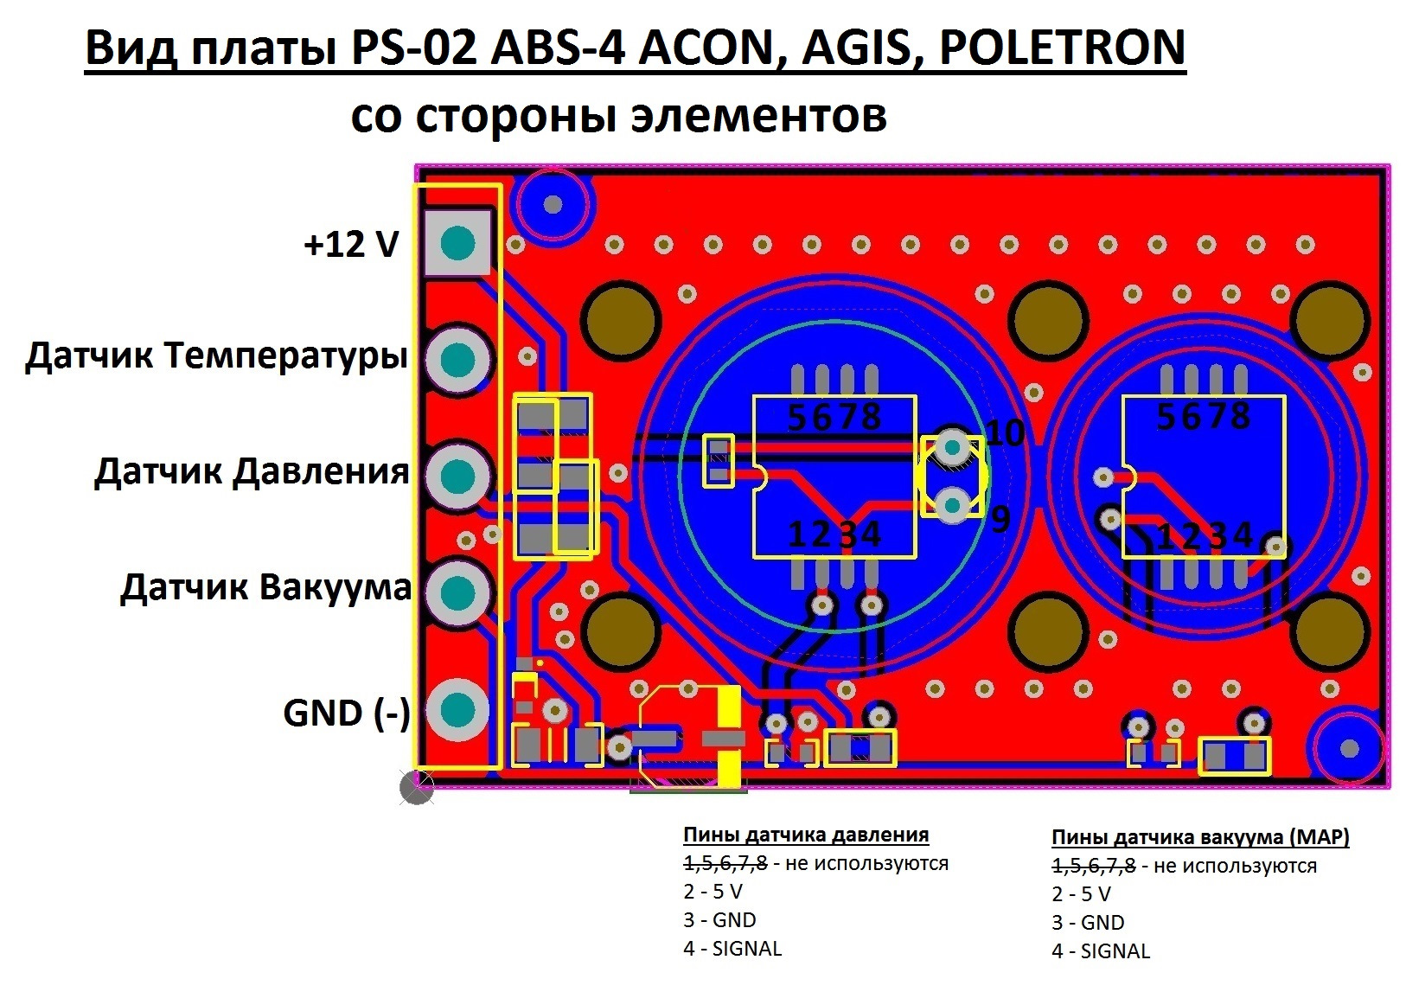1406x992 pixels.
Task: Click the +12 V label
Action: [351, 244]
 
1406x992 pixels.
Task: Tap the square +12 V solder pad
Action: [457, 243]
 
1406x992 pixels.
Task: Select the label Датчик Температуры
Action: [216, 357]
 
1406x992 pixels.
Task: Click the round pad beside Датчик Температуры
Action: [457, 360]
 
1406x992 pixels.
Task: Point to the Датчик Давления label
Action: [252, 472]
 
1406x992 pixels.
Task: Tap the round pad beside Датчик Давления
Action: [457, 476]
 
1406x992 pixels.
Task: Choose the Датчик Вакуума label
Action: [265, 589]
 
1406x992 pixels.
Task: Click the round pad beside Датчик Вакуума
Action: [457, 592]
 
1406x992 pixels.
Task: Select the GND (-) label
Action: [347, 714]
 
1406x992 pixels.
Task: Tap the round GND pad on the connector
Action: [457, 710]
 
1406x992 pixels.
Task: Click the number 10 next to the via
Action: [1006, 432]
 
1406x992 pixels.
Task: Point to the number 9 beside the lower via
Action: [1000, 519]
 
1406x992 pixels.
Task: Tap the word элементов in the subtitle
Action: [758, 116]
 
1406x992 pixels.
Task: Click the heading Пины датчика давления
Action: [806, 835]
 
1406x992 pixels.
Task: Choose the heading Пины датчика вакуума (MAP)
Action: [1200, 837]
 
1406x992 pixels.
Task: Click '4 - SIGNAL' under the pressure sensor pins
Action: [732, 948]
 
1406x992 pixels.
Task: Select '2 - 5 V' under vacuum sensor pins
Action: [1081, 893]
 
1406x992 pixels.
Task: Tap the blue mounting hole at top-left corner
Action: [553, 204]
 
